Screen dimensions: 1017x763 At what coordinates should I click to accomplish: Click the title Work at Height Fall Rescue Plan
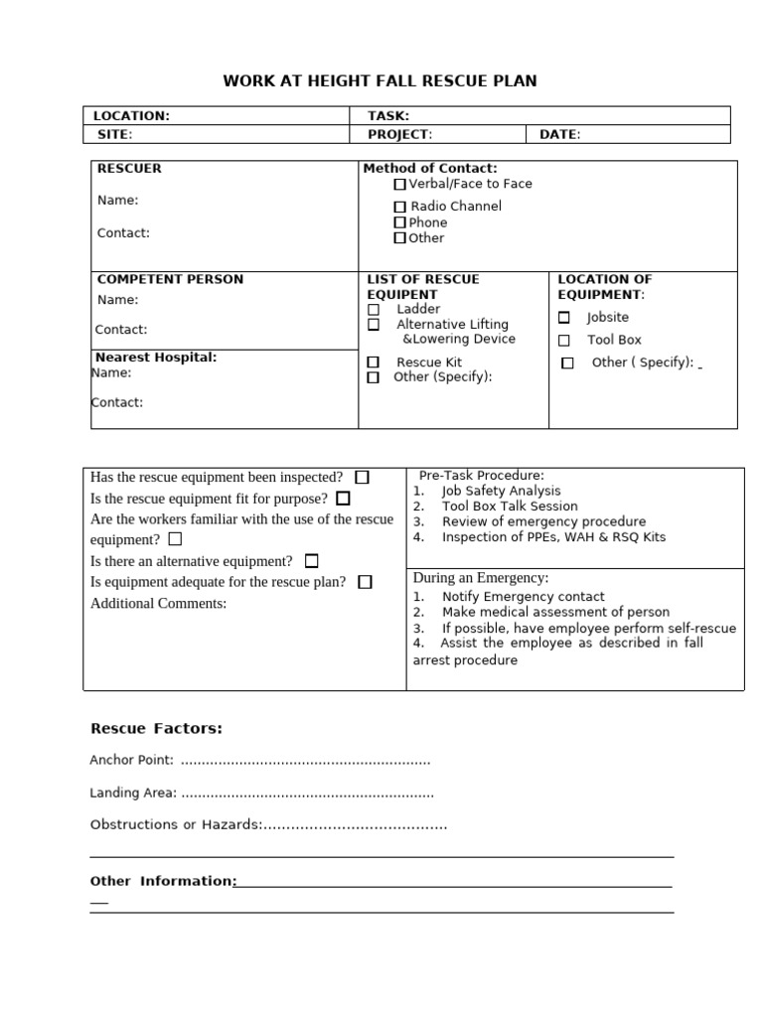(380, 80)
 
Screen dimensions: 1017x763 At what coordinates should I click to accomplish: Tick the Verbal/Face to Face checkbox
(399, 184)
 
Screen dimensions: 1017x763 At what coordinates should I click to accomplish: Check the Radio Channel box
(399, 207)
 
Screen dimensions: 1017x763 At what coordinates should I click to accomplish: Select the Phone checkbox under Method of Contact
(399, 222)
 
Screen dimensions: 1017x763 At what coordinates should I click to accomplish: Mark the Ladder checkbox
(374, 310)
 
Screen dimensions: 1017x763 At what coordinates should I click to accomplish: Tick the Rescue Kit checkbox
(374, 363)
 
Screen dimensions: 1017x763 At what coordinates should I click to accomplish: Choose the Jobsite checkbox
(564, 318)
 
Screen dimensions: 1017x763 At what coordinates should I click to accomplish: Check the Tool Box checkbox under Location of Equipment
(564, 341)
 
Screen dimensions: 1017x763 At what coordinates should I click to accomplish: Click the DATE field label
(559, 135)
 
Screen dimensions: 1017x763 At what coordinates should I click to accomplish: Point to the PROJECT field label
(399, 135)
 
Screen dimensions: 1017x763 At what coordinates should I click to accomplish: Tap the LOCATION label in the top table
(131, 116)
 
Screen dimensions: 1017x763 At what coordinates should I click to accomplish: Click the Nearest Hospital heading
(156, 358)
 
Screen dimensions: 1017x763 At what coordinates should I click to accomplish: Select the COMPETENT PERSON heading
(170, 280)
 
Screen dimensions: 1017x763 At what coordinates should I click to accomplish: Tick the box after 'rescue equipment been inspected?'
(362, 478)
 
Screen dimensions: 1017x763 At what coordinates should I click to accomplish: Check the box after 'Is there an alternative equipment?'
(312, 561)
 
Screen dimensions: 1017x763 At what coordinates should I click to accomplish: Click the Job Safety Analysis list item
(501, 491)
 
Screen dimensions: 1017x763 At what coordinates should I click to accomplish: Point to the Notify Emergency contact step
(523, 597)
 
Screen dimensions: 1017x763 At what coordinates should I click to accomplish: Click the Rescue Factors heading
(156, 729)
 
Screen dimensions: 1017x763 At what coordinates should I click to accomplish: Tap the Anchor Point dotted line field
(306, 761)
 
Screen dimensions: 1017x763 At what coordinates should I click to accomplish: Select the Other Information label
(162, 881)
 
